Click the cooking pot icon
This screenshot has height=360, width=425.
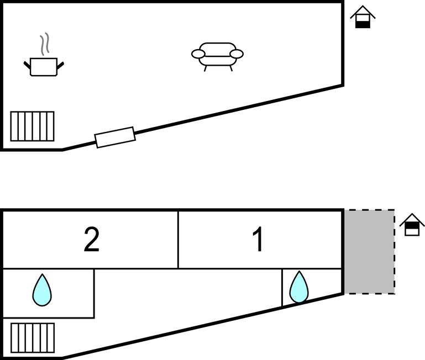coord(44,67)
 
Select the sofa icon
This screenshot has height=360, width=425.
coord(217,56)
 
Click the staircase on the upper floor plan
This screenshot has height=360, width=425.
coord(33,126)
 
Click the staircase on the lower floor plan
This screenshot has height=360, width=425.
coord(33,337)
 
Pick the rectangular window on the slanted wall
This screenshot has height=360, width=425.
coord(115,137)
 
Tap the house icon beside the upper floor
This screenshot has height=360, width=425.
coord(363,17)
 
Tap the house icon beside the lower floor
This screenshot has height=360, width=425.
coord(412,225)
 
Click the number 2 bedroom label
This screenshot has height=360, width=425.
coord(92,240)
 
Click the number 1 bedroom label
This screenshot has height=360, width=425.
coord(258,240)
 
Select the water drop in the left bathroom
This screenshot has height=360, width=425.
coord(42,290)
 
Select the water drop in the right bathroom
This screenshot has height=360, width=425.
coord(299,287)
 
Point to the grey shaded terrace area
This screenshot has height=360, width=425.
coord(369,251)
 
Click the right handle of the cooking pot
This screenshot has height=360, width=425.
coord(61,65)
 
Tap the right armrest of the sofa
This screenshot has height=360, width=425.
coord(237,54)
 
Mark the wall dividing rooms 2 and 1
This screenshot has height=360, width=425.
coord(178,240)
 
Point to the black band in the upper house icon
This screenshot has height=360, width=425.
coord(363,24)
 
